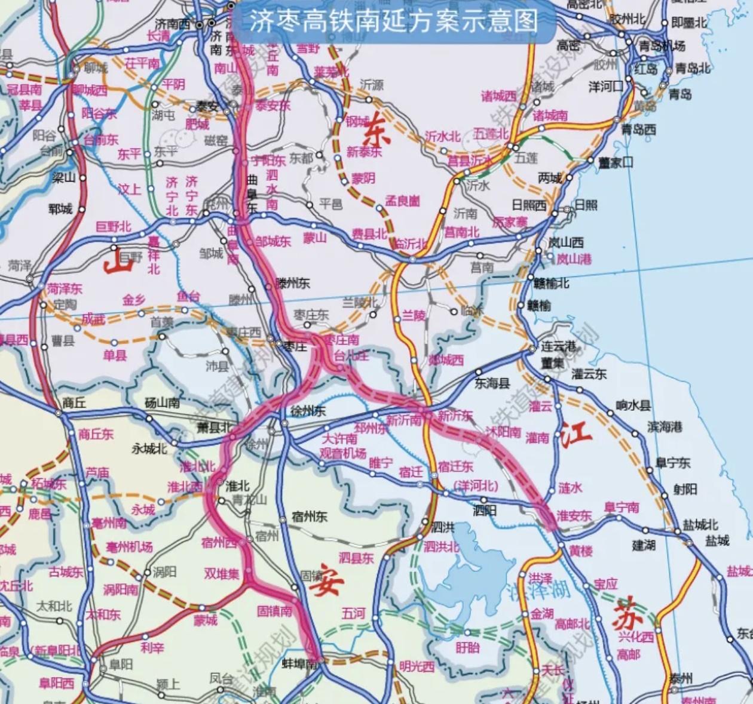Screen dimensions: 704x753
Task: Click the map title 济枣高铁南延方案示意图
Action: pyautogui.click(x=393, y=21)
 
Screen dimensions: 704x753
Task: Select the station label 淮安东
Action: pyautogui.click(x=574, y=515)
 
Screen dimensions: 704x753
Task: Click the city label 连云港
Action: pyautogui.click(x=558, y=346)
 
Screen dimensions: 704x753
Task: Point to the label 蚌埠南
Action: pyautogui.click(x=299, y=664)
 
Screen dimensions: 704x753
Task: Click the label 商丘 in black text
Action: pyautogui.click(x=74, y=402)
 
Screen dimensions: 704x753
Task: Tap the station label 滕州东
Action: pyautogui.click(x=292, y=283)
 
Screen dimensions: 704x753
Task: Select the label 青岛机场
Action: pyautogui.click(x=662, y=46)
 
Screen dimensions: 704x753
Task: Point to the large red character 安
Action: pyautogui.click(x=327, y=580)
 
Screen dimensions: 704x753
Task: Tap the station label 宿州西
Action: pyautogui.click(x=219, y=543)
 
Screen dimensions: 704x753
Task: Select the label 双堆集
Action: pyautogui.click(x=221, y=573)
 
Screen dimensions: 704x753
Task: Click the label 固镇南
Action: pyautogui.click(x=274, y=611)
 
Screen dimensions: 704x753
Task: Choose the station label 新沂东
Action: pyautogui.click(x=455, y=416)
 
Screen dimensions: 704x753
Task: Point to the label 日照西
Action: pyautogui.click(x=528, y=205)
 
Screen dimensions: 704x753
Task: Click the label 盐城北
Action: pyautogui.click(x=700, y=525)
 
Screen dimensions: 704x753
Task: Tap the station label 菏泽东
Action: pyautogui.click(x=65, y=289)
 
